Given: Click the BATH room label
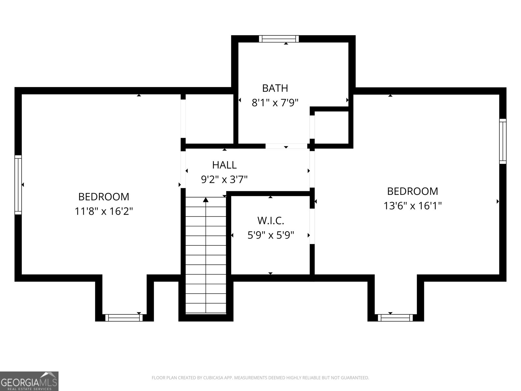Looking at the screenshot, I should click(x=275, y=88).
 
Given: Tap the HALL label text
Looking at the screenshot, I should click(x=224, y=165).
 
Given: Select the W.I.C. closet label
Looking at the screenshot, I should click(x=271, y=221).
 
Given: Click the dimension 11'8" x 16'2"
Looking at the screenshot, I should click(x=104, y=211).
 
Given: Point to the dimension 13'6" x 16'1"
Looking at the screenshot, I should click(x=412, y=206).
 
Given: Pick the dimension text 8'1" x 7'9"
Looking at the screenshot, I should click(x=275, y=103).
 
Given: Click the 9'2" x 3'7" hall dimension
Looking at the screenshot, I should click(x=224, y=180).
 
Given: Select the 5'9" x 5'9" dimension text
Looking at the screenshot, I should click(x=271, y=235).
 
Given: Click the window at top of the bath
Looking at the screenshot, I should click(x=279, y=39).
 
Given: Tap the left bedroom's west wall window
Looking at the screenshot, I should click(x=18, y=185).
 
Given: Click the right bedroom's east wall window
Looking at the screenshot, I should click(x=503, y=141).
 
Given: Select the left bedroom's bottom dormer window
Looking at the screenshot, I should click(x=124, y=317).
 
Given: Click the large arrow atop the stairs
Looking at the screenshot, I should click(x=206, y=200).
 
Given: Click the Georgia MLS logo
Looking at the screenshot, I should click(x=29, y=381).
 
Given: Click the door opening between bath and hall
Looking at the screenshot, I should click(x=286, y=146).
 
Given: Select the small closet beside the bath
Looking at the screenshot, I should click(x=331, y=127).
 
